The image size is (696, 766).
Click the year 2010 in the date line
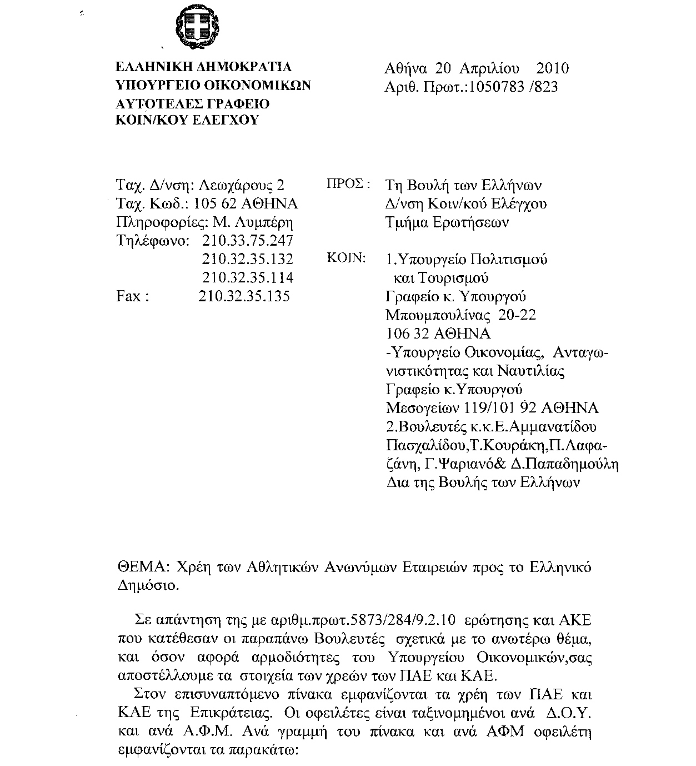(x=552, y=68)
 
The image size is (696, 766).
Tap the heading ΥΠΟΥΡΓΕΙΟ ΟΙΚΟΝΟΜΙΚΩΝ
(x=213, y=85)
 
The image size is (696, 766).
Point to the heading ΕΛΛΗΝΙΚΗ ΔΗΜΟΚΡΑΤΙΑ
(x=203, y=67)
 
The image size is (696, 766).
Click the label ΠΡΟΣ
(x=346, y=184)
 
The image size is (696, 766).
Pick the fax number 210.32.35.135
(x=244, y=296)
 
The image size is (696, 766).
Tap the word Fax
(x=129, y=296)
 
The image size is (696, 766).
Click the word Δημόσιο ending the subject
(x=147, y=585)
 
